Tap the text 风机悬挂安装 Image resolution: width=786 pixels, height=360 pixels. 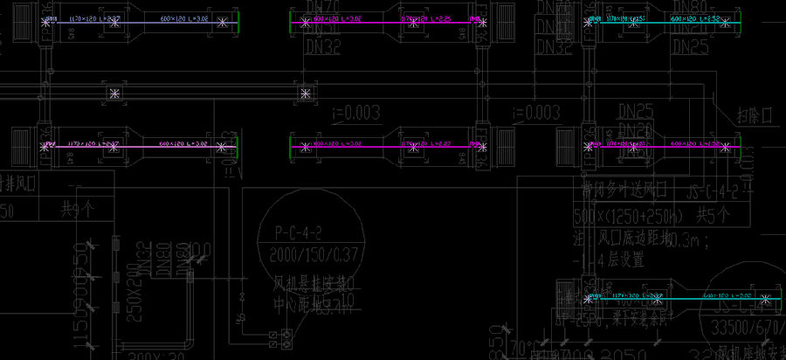pos(310,285)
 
